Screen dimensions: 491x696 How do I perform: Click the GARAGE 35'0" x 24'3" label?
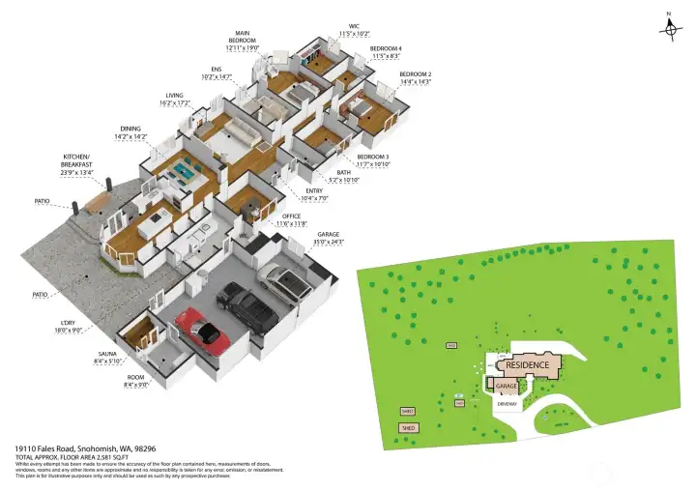pyautogui.click(x=330, y=238)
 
